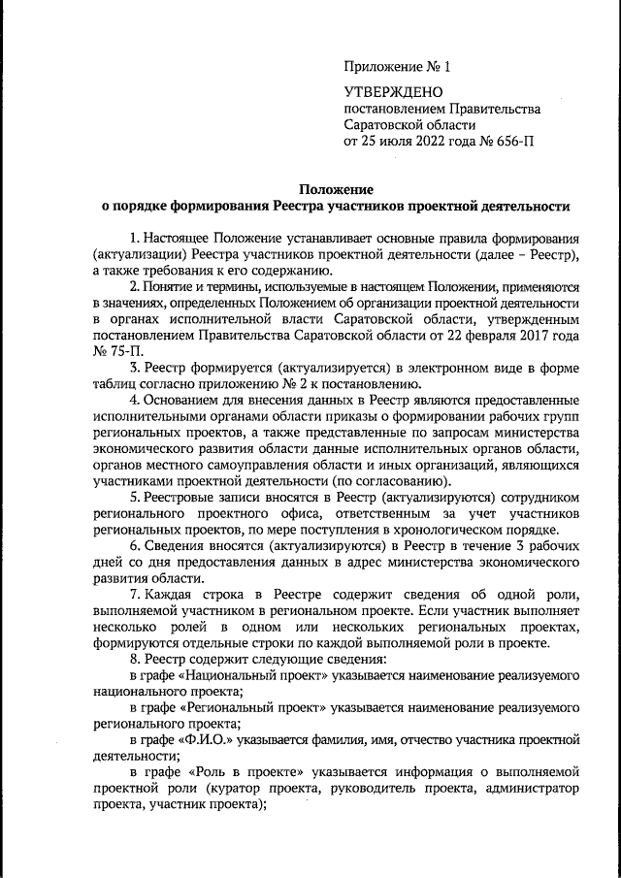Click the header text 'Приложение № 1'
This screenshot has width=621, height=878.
click(398, 68)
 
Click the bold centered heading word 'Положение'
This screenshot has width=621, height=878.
click(336, 189)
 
